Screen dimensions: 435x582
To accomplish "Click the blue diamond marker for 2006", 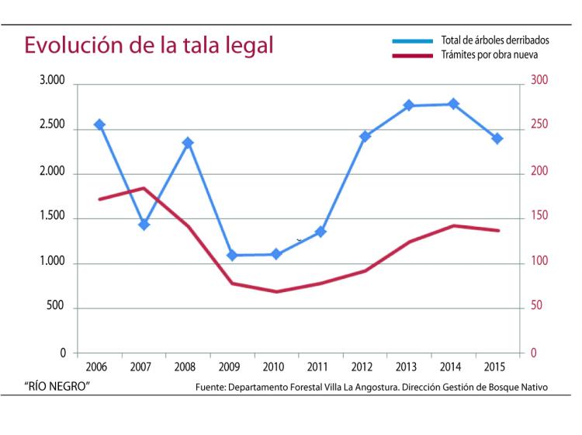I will tap(99, 124).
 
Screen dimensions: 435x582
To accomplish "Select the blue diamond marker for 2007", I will tap(144, 224).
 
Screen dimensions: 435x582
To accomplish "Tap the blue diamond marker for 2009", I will tap(232, 255).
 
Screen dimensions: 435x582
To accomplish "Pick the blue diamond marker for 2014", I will tap(453, 104).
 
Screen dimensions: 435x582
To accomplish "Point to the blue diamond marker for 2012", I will tap(365, 136).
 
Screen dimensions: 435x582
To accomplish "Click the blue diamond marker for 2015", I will tap(497, 138).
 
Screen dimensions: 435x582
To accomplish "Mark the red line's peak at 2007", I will tap(143, 188).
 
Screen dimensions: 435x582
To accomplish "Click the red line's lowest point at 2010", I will tap(276, 291).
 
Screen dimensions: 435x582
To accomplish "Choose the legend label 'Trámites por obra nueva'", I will tap(489, 55).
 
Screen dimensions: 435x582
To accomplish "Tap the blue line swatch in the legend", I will tap(412, 40).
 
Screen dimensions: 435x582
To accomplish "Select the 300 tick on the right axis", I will tap(539, 80).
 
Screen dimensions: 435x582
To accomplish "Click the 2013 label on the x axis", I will tap(408, 367).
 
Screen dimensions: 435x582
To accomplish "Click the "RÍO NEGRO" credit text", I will tap(57, 386).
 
